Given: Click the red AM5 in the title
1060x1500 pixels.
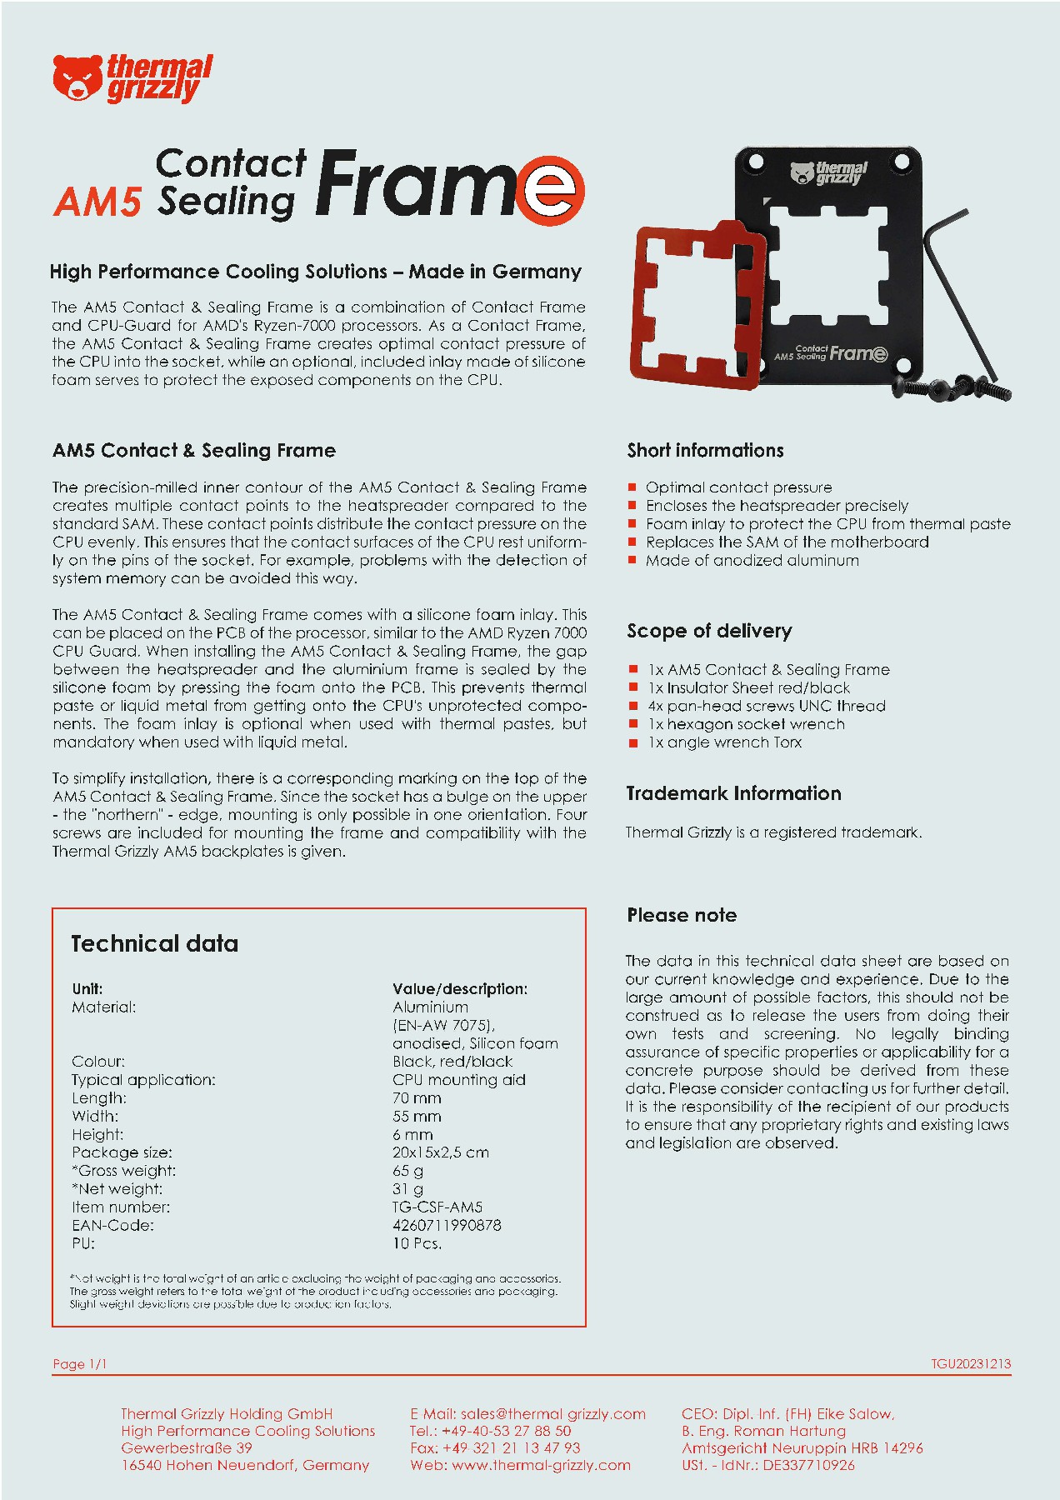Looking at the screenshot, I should point(97,202).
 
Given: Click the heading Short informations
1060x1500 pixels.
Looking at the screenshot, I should point(705,450).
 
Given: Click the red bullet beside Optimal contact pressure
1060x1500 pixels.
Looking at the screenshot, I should point(632,487).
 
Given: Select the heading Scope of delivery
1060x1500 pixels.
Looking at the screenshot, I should point(709,631).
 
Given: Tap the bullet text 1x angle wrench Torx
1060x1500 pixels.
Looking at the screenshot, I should point(724,742).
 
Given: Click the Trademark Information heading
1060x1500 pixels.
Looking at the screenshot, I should point(733,793).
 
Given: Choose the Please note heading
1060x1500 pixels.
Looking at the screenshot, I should point(682,915).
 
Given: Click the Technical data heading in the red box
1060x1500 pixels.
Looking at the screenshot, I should point(155,943).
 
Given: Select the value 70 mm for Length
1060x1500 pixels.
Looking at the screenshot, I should point(417,1098).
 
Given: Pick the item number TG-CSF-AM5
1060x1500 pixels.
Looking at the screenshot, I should point(437,1207).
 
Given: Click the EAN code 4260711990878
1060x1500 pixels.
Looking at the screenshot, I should point(447,1225).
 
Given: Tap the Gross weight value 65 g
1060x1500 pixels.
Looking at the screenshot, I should point(407,1171).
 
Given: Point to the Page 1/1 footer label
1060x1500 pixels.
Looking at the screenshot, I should point(80,1364).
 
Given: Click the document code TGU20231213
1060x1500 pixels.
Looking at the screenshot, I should point(971,1364).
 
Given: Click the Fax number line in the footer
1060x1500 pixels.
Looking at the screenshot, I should point(495,1447).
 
